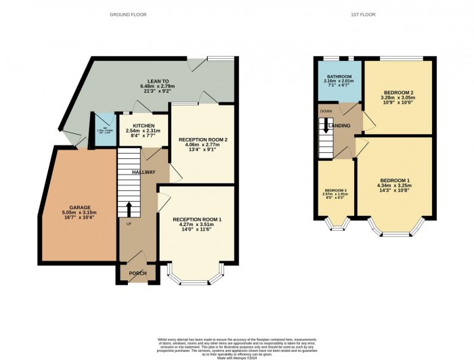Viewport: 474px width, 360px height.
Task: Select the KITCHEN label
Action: coord(143,126)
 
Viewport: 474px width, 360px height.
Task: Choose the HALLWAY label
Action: coord(144,173)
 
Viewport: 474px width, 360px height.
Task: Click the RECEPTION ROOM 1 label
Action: coord(197,220)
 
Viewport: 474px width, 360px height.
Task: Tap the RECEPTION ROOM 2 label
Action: coord(202,139)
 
